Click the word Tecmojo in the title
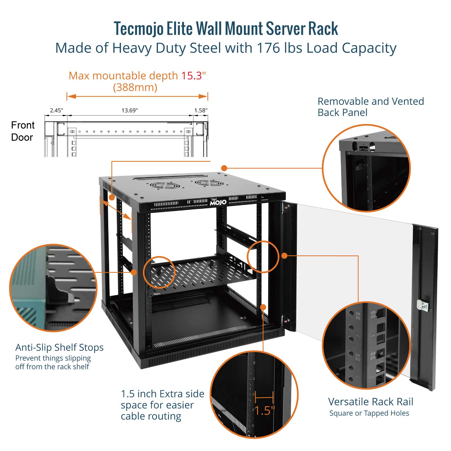[x=138, y=29]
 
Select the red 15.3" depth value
[x=193, y=76]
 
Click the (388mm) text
[x=135, y=87]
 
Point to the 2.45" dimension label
[x=56, y=110]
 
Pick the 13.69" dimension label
[x=130, y=110]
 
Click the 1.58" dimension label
[x=201, y=110]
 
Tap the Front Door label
[x=23, y=131]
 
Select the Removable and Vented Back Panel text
[x=370, y=107]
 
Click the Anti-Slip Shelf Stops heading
[x=59, y=347]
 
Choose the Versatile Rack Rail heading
[x=370, y=402]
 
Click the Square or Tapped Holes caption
[x=369, y=413]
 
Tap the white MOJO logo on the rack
[x=218, y=202]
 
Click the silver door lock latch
[x=423, y=306]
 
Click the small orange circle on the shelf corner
[x=159, y=272]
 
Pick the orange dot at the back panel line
[x=224, y=168]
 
